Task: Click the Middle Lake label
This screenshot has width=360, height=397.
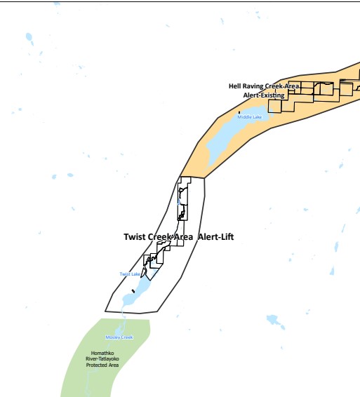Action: click(250, 116)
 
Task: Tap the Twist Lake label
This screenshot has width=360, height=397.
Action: click(130, 274)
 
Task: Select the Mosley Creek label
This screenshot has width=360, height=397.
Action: click(119, 337)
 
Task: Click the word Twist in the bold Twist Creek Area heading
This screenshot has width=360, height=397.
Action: click(135, 237)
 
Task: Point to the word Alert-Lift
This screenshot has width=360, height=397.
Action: click(216, 237)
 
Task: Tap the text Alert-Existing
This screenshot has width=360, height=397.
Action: click(264, 95)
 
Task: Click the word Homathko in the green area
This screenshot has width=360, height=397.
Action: click(102, 353)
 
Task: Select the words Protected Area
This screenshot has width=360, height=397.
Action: click(102, 365)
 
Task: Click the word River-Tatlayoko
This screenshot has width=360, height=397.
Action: click(102, 359)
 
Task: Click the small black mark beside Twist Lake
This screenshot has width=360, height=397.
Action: click(133, 291)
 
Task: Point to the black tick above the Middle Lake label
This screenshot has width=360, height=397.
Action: click(239, 112)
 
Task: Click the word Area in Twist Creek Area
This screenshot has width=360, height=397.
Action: click(183, 237)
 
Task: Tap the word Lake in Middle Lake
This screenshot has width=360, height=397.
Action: click(256, 116)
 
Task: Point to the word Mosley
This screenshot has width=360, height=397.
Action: click(112, 337)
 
